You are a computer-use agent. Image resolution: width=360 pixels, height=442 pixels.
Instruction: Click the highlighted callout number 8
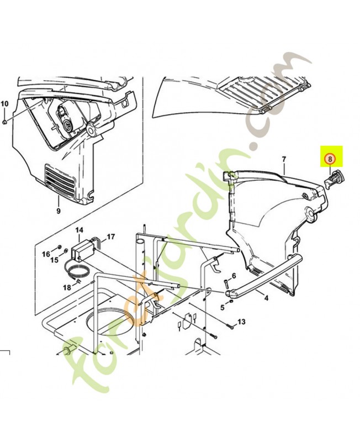pos(330,159)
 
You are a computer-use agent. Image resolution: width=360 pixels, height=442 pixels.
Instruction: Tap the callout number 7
pos(284,159)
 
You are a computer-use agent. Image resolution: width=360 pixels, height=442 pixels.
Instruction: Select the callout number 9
pos(59,211)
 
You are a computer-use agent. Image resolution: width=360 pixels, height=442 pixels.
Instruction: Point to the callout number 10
pos(4,103)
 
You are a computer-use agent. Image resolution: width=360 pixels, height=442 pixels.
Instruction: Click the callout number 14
pos(79,230)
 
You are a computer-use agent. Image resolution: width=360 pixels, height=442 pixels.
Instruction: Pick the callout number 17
pos(111,236)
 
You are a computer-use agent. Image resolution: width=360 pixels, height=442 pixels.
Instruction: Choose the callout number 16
pos(46,254)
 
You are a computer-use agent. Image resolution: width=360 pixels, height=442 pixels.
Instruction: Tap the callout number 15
pos(55,259)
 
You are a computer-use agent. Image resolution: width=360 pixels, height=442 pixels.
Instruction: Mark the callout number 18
pos(67,287)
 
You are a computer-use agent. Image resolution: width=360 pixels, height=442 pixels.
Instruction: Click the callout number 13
pos(241,322)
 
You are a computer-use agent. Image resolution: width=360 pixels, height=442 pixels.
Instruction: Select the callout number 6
pos(234,275)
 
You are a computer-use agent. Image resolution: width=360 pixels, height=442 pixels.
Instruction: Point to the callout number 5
pos(223,307)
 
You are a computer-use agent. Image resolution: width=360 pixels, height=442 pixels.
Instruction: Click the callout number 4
pos(266,298)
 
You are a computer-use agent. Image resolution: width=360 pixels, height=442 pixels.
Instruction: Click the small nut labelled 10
pos(4,122)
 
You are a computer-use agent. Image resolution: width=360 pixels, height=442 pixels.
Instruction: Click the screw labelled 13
pos(229,327)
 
